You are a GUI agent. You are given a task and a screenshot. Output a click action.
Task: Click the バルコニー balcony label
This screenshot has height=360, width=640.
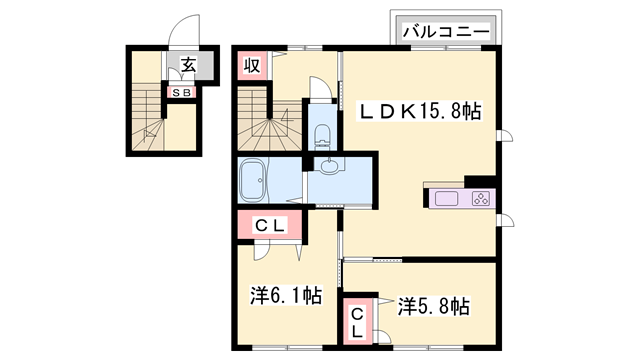point(447,32)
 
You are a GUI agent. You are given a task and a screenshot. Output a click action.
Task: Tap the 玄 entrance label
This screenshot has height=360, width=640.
point(187,67)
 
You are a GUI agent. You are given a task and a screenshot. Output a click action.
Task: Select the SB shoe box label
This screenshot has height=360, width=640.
point(182,92)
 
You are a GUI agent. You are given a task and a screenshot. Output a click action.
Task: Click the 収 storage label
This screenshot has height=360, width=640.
point(252,66)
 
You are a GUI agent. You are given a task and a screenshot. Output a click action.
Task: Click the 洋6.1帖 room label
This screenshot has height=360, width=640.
point(285,296)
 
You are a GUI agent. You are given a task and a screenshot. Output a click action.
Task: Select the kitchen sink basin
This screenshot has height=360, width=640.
point(446,198)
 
